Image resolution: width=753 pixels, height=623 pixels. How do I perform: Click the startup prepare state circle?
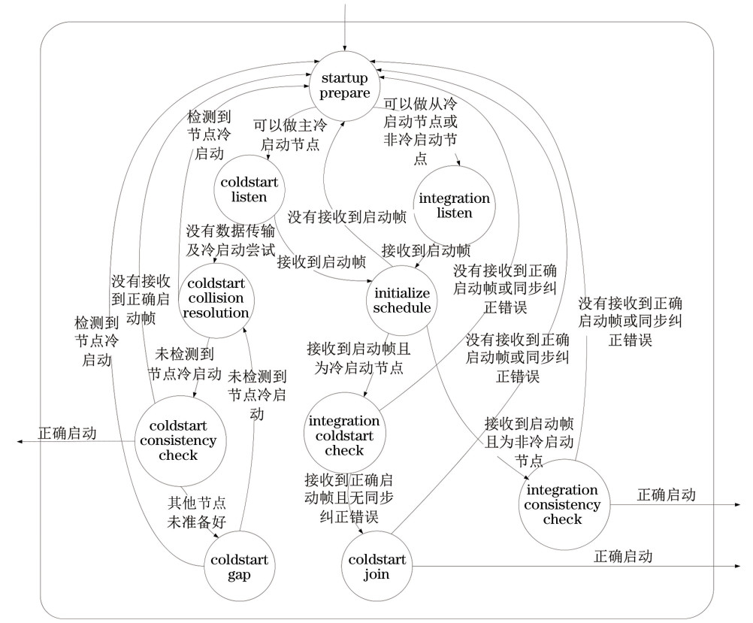click(346, 85)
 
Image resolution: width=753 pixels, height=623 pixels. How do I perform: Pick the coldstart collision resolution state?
click(216, 298)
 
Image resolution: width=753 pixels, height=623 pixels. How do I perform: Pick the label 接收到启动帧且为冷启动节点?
click(355, 358)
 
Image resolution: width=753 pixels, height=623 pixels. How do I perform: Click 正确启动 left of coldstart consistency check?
click(68, 434)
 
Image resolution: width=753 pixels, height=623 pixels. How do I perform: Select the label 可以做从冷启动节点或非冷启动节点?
click(420, 131)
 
